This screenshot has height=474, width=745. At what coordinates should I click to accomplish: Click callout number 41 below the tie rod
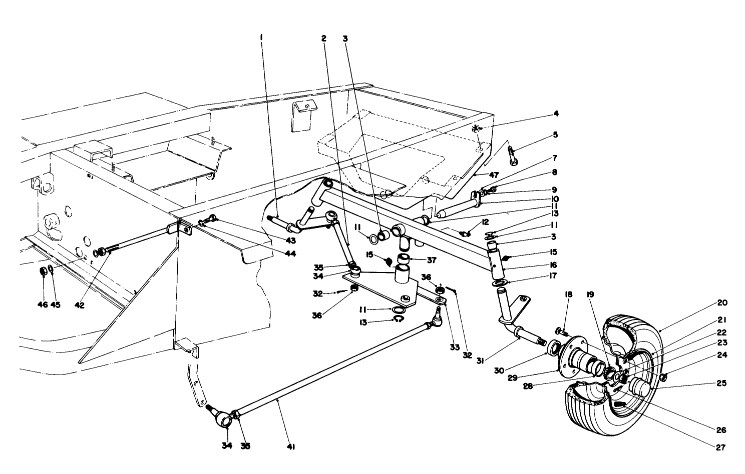(290, 447)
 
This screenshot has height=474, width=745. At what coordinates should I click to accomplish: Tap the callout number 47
(494, 174)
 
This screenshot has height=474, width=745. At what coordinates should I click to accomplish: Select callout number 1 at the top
(261, 37)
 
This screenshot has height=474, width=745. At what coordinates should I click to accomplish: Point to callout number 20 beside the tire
(722, 302)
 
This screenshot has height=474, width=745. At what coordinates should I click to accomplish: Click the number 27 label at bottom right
(720, 447)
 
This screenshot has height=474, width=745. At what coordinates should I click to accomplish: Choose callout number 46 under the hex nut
(44, 304)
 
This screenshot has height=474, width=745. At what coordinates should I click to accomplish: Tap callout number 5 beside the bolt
(555, 134)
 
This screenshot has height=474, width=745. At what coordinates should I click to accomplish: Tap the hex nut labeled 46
(44, 271)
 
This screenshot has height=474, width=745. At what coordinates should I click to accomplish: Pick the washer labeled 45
(51, 271)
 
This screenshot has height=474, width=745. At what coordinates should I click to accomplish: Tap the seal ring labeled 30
(554, 347)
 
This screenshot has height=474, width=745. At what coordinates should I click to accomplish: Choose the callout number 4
(555, 114)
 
